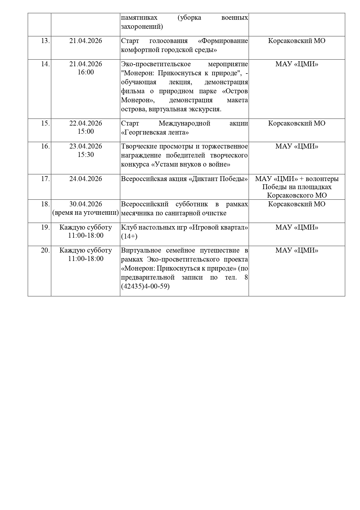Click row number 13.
click(45, 41)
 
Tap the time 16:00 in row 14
click(86, 72)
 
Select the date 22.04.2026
click(86, 123)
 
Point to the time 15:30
click(86, 155)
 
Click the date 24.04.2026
click(86, 179)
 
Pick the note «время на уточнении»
click(86, 212)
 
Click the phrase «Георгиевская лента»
click(155, 133)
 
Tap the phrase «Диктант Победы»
click(218, 179)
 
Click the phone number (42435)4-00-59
click(145, 286)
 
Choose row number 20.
click(45, 250)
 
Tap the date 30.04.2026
click(86, 204)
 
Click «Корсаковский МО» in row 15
click(297, 123)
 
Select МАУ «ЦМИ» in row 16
click(297, 146)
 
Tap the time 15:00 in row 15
click(86, 131)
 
